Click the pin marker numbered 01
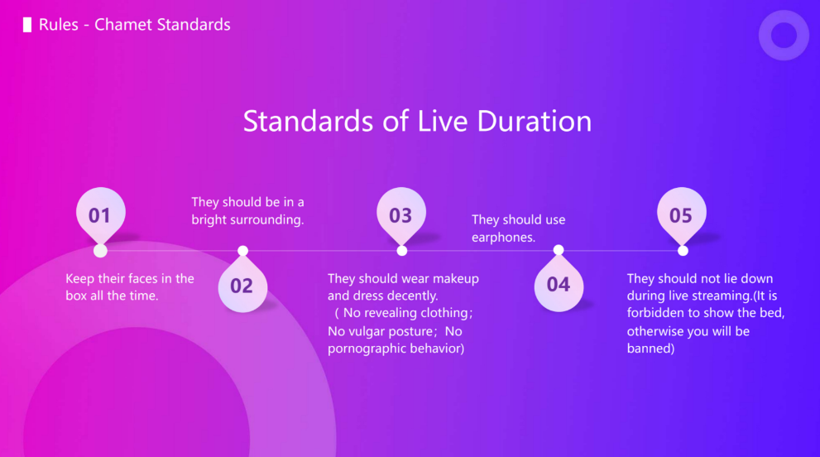point(100,214)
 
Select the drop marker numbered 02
point(242,286)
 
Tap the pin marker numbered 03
point(401,214)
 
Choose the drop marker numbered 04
point(559,284)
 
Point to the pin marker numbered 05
point(682,214)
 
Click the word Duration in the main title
point(534,121)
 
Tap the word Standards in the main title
point(309,121)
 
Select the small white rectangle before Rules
point(27,25)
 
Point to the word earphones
point(503,237)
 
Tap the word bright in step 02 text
point(209,219)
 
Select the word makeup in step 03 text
point(455,278)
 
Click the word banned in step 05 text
point(650,349)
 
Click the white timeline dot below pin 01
point(100,251)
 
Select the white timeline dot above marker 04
point(559,250)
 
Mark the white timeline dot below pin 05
point(683,251)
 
